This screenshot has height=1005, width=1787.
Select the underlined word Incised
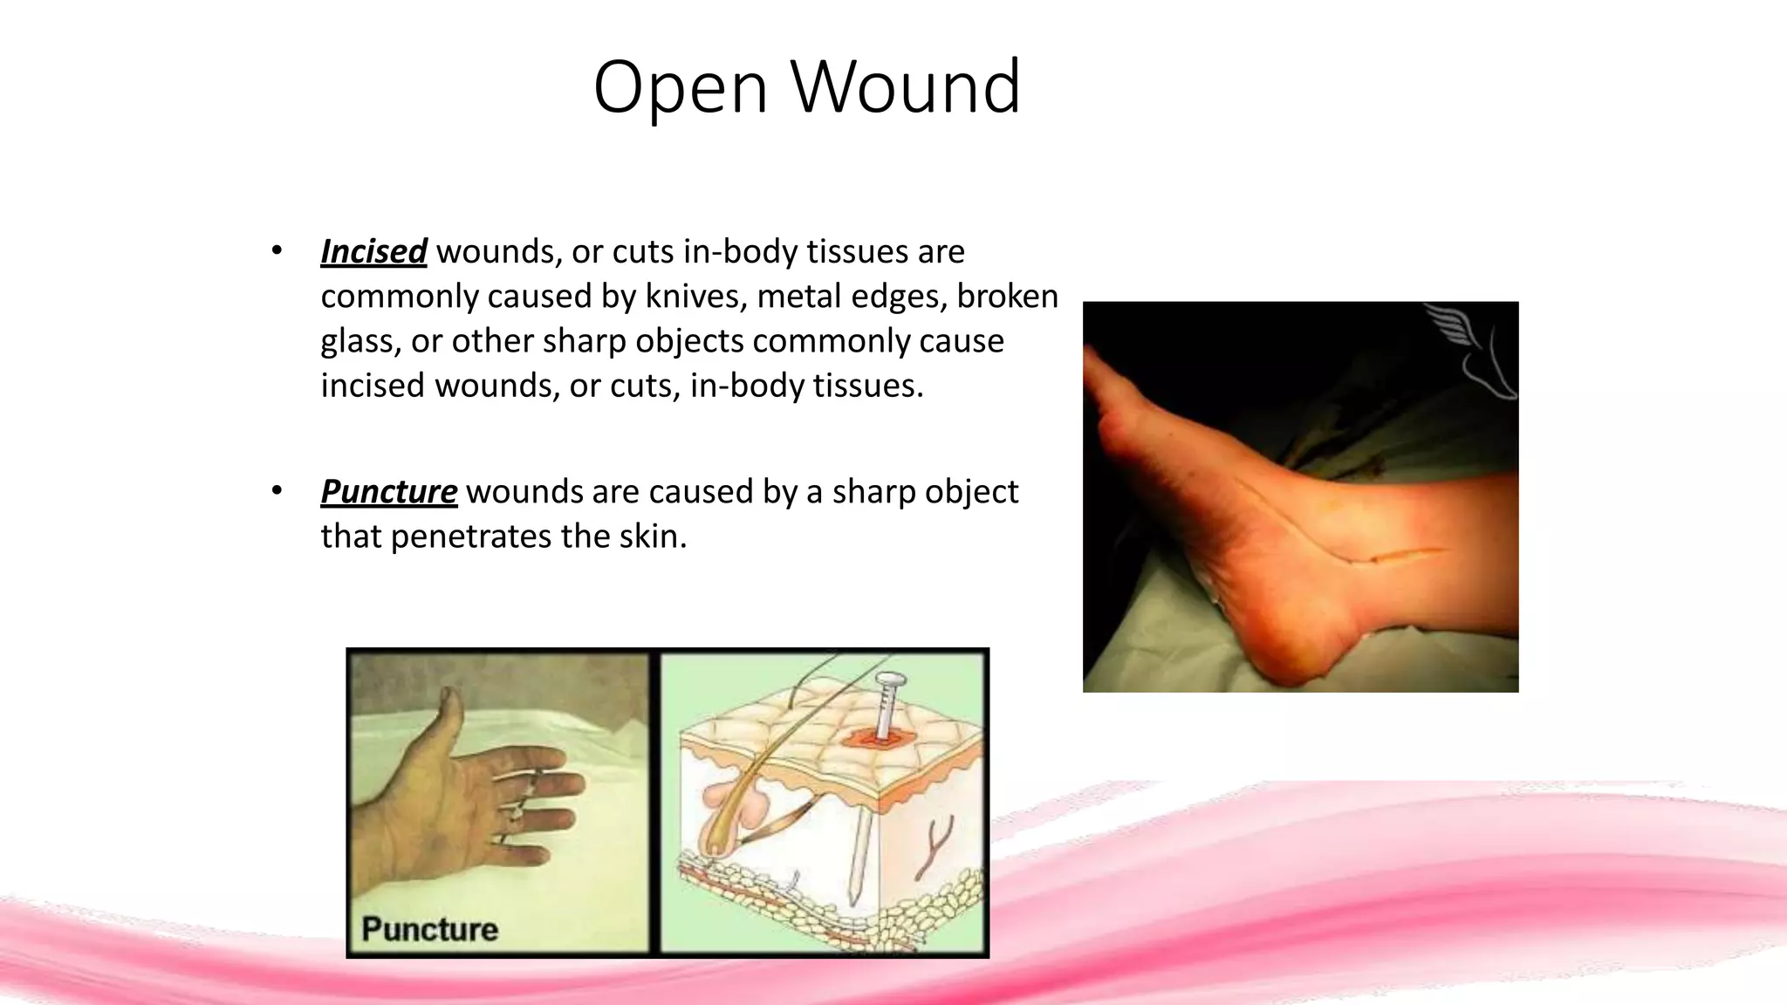click(373, 251)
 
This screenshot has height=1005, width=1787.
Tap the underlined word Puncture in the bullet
click(388, 491)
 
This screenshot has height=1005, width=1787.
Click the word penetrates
click(470, 536)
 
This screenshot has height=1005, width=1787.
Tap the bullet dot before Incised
click(277, 251)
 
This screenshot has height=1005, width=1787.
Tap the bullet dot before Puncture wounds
click(277, 491)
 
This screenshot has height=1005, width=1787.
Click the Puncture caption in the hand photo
click(429, 928)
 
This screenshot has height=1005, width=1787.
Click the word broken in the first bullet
click(1007, 296)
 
